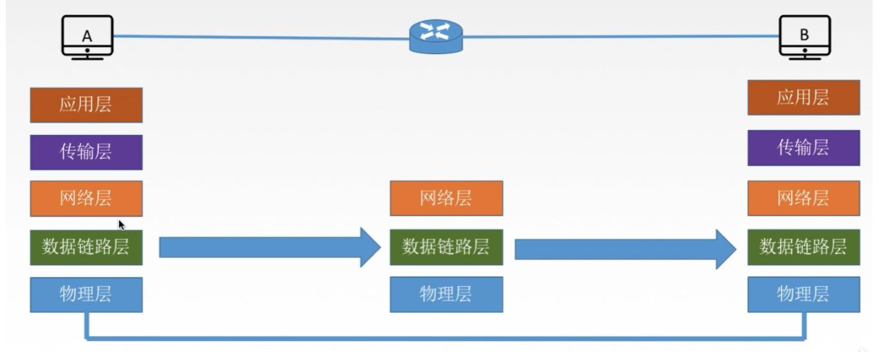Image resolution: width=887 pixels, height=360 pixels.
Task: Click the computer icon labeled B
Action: (805, 36)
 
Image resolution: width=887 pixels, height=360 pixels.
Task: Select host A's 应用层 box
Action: (86, 105)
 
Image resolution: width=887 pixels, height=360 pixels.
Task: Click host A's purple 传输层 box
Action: (86, 152)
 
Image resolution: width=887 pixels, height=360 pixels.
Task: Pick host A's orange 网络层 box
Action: (86, 198)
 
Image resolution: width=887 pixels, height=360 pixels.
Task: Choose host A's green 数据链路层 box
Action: (86, 247)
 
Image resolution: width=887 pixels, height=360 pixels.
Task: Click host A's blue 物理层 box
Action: (86, 294)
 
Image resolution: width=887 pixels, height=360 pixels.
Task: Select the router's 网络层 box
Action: (446, 198)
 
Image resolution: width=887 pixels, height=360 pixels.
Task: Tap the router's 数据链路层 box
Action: (446, 247)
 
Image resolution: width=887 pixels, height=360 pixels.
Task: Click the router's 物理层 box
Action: (446, 294)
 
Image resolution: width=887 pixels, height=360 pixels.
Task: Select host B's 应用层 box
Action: (803, 98)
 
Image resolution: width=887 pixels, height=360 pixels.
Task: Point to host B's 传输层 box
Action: (803, 148)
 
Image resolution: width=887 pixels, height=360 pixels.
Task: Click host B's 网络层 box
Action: (803, 198)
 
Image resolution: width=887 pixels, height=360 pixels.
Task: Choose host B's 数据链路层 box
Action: (803, 247)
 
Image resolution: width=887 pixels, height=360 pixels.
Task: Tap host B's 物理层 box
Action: (803, 294)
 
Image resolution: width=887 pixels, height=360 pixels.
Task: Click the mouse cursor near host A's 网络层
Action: (122, 225)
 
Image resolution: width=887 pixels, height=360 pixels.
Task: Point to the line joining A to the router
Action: (260, 35)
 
